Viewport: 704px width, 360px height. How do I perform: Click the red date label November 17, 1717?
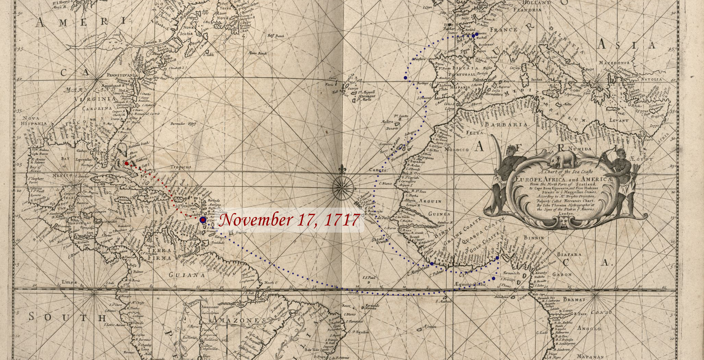(289, 220)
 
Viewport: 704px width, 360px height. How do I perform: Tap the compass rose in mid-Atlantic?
(342, 187)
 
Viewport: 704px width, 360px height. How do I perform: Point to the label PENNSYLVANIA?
(121, 75)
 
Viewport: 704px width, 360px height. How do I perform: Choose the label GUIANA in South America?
(184, 275)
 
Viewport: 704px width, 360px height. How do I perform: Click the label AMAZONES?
(238, 320)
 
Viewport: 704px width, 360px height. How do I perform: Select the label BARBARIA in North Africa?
(509, 125)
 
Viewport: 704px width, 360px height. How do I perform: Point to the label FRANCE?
(503, 30)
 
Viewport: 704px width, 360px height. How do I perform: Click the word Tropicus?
(181, 167)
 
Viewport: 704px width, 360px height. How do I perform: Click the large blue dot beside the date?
(203, 220)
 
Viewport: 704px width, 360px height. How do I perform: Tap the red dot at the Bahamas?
(127, 163)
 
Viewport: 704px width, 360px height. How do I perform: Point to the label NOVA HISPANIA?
(33, 120)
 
